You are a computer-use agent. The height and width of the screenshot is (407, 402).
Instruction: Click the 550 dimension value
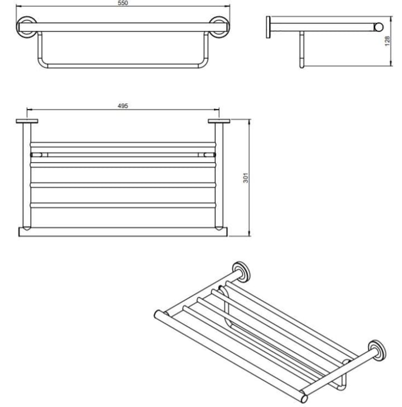coord(123,3)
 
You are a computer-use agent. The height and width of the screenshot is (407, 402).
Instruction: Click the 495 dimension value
coord(123,106)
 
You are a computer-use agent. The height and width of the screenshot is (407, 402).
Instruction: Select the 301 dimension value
coord(246,178)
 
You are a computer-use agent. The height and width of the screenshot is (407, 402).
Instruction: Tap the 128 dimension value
coord(387,41)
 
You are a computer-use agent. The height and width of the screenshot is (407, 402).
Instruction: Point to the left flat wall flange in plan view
coord(27,121)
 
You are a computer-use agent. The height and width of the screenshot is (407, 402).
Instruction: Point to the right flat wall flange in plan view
coord(219,121)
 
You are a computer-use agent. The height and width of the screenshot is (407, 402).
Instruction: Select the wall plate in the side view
coord(268,27)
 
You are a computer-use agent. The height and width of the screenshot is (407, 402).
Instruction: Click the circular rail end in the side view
coord(379,27)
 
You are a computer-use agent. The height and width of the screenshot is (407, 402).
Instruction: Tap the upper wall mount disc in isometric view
coord(241,272)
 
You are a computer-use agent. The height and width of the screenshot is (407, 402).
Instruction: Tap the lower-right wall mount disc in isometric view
coord(377,350)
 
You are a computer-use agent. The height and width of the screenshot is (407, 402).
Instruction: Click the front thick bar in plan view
coord(123,232)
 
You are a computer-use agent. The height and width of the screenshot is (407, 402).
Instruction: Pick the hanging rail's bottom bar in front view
coord(123,66)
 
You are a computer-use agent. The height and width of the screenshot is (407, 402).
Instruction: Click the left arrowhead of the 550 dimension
coord(18,6)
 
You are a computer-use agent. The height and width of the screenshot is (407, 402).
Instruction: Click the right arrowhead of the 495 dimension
coord(217,110)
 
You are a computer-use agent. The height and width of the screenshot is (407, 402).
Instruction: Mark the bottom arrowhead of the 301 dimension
coord(250,234)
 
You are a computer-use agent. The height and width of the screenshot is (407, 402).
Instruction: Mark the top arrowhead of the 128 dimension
coord(391,18)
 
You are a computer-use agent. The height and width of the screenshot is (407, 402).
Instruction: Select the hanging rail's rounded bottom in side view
coord(301,64)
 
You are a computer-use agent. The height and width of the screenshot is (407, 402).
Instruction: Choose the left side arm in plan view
coord(27,175)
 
